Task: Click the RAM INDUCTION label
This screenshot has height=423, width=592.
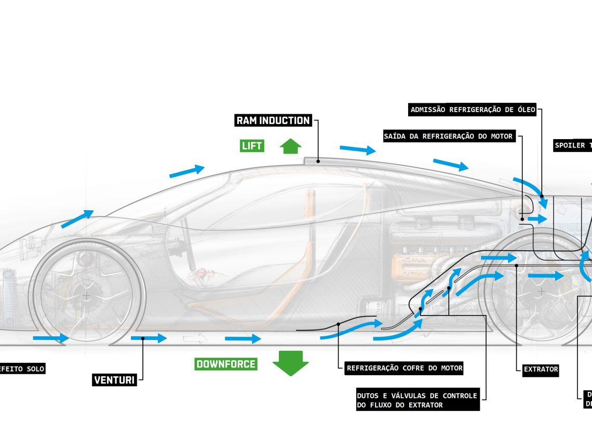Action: (273, 120)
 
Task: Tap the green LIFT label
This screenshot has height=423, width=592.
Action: (252, 146)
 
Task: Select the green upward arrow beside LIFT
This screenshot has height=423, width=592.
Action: (290, 146)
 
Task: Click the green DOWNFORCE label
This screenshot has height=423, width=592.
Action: (226, 364)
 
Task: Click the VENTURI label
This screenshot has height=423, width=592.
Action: (114, 380)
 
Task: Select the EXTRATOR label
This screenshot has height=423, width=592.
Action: (541, 370)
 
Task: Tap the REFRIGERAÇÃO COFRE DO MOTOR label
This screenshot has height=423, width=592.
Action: (405, 369)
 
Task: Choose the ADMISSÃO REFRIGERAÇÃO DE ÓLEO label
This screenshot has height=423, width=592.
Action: (473, 110)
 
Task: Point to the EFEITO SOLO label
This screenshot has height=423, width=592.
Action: (22, 369)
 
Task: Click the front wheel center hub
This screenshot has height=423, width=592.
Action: (86, 295)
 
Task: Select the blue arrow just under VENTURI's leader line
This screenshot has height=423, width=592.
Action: (149, 338)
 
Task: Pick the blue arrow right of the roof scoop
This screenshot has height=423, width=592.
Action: (357, 149)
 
